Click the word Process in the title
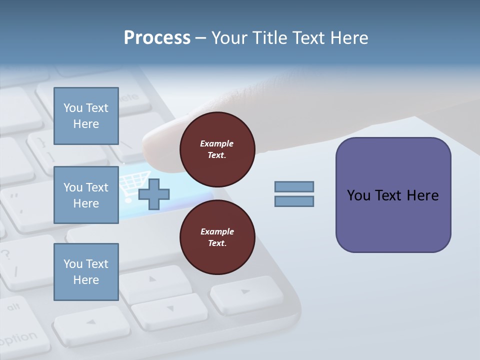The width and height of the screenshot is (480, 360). click(x=157, y=37)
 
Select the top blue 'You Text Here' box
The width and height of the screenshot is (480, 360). click(x=86, y=116)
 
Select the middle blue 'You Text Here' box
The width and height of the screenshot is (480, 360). click(x=86, y=195)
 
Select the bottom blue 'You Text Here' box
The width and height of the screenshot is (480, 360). click(x=86, y=272)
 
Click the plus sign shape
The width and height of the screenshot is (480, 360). click(x=154, y=194)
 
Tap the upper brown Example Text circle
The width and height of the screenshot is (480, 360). click(x=217, y=149)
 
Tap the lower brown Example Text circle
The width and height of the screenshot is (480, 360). click(x=217, y=237)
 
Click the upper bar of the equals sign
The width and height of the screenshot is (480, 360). click(x=294, y=186)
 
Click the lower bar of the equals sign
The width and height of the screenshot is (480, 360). click(x=294, y=201)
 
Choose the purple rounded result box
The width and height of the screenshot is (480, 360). click(x=393, y=195)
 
